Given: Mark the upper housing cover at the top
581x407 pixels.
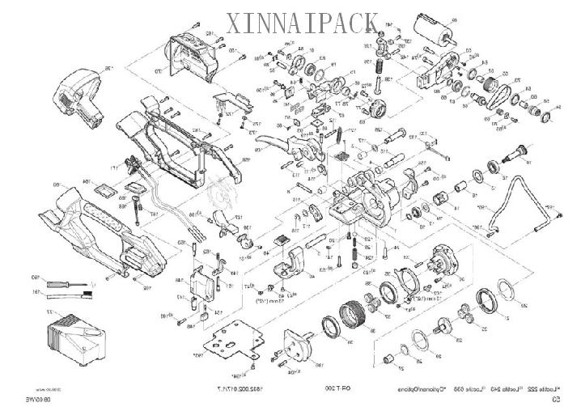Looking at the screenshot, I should [194, 53].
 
